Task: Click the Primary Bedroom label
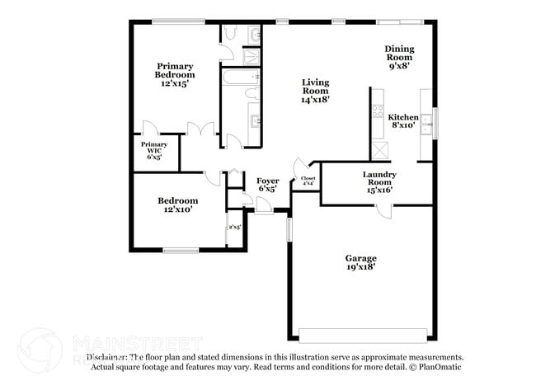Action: pyautogui.click(x=175, y=74)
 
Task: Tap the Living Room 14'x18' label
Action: pyautogui.click(x=315, y=90)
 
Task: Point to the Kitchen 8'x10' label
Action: pyautogui.click(x=403, y=121)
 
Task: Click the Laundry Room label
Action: pyautogui.click(x=379, y=181)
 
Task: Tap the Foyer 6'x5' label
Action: pyautogui.click(x=266, y=184)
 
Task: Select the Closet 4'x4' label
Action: pyautogui.click(x=308, y=181)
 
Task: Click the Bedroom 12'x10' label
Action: pyautogui.click(x=178, y=205)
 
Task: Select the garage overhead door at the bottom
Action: pyautogui.click(x=363, y=336)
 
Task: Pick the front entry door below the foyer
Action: pyautogui.click(x=265, y=205)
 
